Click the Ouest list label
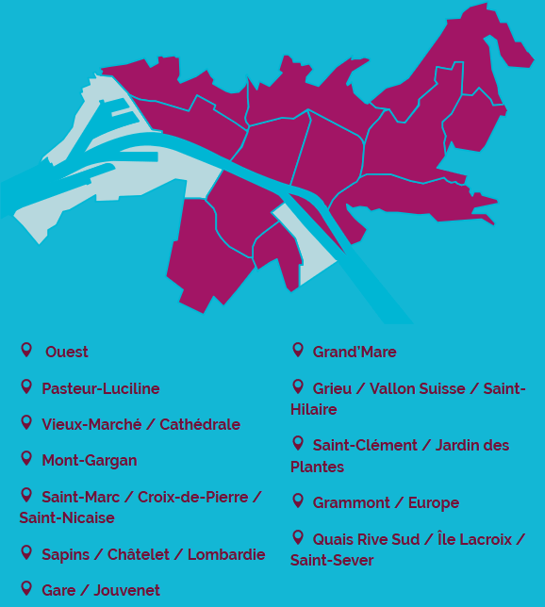tap(66, 353)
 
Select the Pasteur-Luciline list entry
tap(100, 389)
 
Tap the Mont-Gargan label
tap(89, 461)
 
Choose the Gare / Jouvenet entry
tap(100, 591)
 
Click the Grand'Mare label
tap(355, 353)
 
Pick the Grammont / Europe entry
tap(386, 503)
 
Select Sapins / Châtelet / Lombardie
tap(153, 555)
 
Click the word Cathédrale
tap(200, 425)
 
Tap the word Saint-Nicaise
tap(67, 518)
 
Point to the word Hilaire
tap(313, 410)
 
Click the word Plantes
tap(317, 468)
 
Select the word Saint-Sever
tap(332, 561)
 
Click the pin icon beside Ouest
tap(26, 350)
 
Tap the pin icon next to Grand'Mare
tap(298, 350)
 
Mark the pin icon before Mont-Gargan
tap(26, 458)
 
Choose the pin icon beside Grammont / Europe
tap(298, 500)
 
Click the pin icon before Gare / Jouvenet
tap(26, 588)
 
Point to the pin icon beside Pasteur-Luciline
tap(26, 386)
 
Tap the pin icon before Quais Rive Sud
tap(298, 537)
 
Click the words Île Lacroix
tap(474, 540)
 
